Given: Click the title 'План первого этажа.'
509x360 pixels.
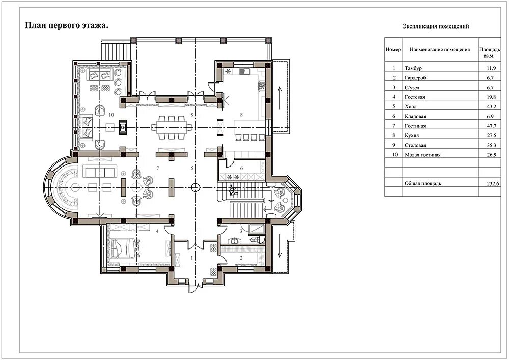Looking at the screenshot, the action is click(67, 26).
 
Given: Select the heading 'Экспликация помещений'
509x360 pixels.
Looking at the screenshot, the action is click(436, 26).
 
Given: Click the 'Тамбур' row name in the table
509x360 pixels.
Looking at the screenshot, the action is click(413, 68).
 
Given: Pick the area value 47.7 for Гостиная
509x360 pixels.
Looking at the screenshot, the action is click(492, 126).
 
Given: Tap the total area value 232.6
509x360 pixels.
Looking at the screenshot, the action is click(493, 184).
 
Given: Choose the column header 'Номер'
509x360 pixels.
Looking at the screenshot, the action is click(393, 50).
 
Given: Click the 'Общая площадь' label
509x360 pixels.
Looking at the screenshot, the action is click(422, 184).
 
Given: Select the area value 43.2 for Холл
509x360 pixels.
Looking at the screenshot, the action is click(492, 107).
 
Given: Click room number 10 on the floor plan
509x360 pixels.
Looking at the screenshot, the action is click(111, 115).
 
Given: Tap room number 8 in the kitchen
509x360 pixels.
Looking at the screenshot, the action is click(241, 115).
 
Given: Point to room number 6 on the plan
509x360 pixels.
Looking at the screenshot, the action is click(241, 168).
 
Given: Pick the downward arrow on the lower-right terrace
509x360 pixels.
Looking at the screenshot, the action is click(280, 250).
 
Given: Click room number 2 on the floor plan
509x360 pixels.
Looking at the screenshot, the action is click(241, 258).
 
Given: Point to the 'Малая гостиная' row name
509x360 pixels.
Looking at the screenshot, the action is click(422, 155).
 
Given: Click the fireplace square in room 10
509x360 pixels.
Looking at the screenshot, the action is click(123, 127).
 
